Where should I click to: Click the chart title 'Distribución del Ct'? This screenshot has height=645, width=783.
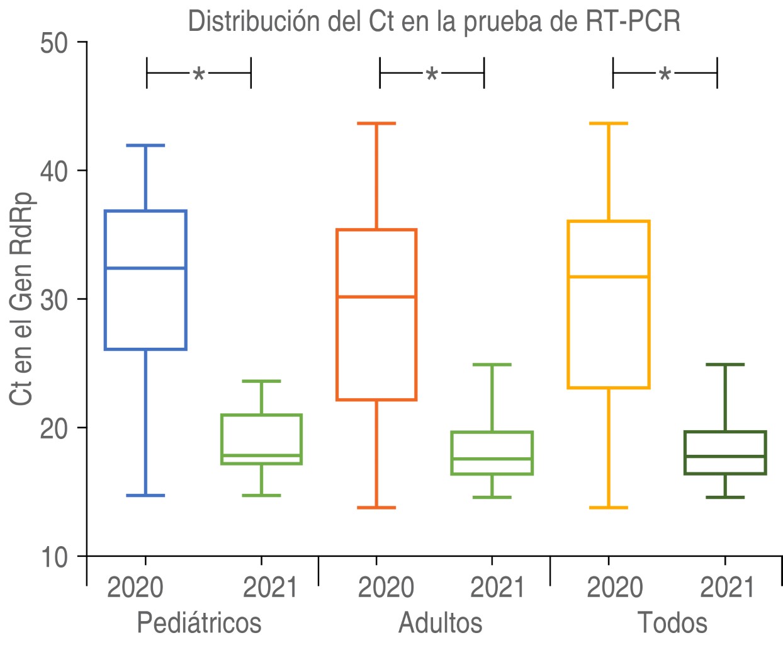pyautogui.click(x=434, y=21)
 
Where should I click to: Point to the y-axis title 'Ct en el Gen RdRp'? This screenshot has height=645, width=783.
pyautogui.click(x=21, y=297)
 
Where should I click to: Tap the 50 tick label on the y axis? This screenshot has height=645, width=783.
pyautogui.click(x=55, y=44)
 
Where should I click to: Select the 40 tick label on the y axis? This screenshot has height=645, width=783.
pyautogui.click(x=55, y=172)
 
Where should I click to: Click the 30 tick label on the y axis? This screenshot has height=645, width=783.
pyautogui.click(x=55, y=300)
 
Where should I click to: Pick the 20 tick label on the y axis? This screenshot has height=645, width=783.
pyautogui.click(x=55, y=429)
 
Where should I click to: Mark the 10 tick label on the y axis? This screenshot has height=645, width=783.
pyautogui.click(x=55, y=557)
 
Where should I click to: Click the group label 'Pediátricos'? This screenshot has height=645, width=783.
pyautogui.click(x=199, y=622)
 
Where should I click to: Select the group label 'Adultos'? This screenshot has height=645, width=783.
pyautogui.click(x=441, y=622)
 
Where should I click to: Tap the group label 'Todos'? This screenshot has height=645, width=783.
pyautogui.click(x=672, y=622)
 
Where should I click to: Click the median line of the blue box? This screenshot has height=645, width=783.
pyautogui.click(x=145, y=268)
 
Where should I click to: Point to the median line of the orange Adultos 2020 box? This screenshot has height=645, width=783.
pyautogui.click(x=376, y=296)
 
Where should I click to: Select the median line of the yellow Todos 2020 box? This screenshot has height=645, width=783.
pyautogui.click(x=609, y=277)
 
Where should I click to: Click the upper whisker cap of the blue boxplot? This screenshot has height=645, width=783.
pyautogui.click(x=145, y=146)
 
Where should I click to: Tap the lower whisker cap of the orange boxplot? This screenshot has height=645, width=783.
pyautogui.click(x=376, y=507)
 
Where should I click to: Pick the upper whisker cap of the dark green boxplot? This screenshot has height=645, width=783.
pyautogui.click(x=725, y=364)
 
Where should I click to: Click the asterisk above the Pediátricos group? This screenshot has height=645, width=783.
pyautogui.click(x=199, y=75)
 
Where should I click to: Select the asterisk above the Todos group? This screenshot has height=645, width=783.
pyautogui.click(x=665, y=75)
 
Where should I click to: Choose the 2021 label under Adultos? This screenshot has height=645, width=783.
pyautogui.click(x=497, y=588)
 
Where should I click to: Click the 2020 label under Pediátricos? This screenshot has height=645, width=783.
pyautogui.click(x=135, y=588)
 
